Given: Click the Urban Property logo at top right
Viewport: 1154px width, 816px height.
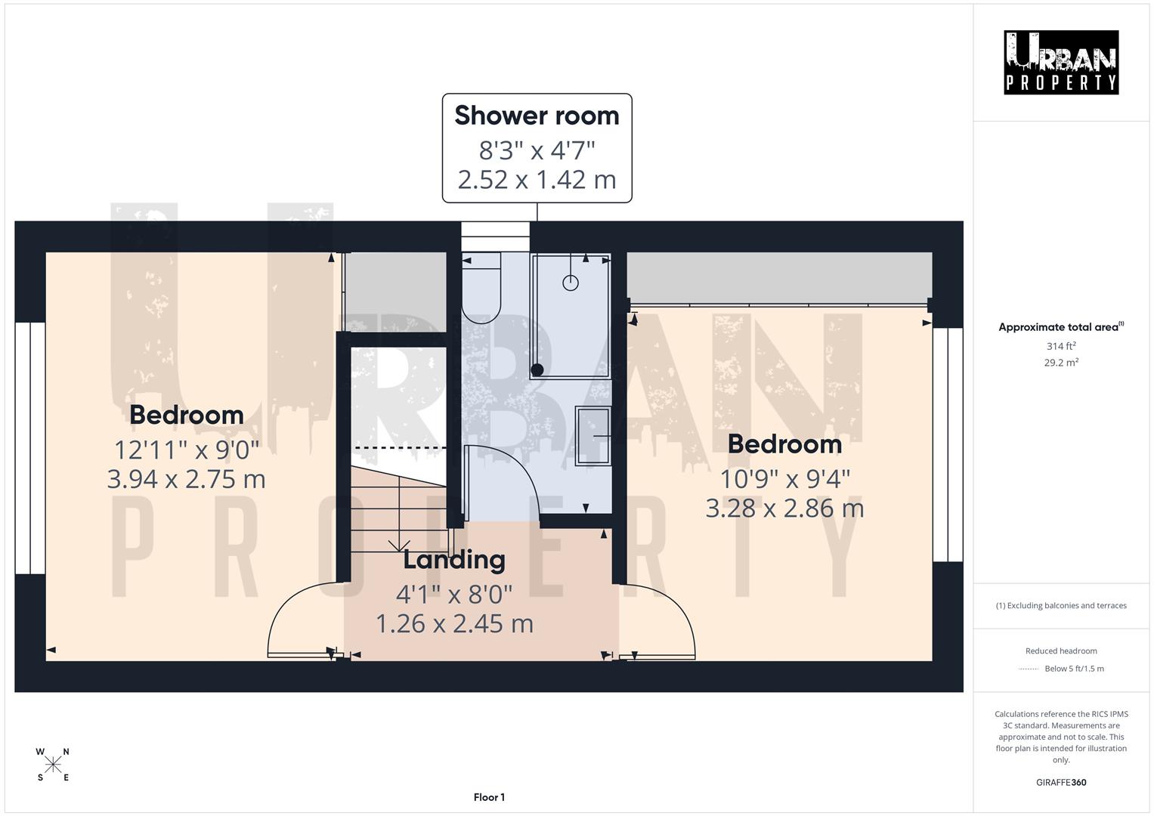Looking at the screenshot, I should point(1060,62).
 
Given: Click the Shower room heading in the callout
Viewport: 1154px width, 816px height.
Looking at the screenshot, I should point(537,116).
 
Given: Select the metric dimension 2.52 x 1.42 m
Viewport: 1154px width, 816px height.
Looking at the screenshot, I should point(537,180).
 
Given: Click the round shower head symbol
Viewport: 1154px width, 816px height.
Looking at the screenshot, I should point(571,283).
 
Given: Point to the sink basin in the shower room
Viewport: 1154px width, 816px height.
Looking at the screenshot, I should point(593,436).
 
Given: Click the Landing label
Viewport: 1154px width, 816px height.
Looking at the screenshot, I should point(453,560).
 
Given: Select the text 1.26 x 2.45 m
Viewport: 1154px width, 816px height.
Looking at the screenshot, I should point(454,623).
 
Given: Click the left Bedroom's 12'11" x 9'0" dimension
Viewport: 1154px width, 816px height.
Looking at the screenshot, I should point(186,450).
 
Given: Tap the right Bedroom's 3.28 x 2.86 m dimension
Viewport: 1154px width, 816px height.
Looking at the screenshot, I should point(784,508).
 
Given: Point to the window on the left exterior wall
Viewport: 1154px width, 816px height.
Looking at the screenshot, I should point(30,448).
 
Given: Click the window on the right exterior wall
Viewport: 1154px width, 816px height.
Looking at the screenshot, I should point(948,444).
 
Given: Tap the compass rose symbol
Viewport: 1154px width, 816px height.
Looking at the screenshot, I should point(53,765).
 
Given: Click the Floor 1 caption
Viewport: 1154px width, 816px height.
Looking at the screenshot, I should point(489,797).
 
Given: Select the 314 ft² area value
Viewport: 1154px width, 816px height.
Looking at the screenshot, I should point(1061,346).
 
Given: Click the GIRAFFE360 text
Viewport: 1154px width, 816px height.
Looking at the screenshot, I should point(1061,782).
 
